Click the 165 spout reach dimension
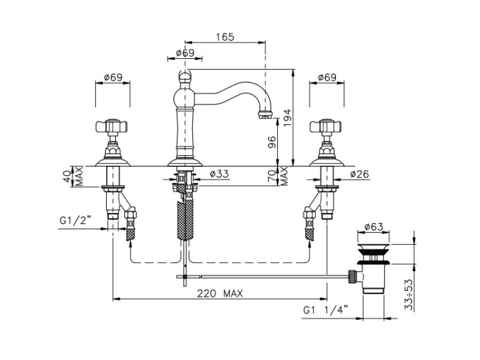(225, 37)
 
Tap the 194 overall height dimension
(288, 119)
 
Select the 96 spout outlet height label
(272, 142)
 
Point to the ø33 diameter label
(219, 174)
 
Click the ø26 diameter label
(360, 174)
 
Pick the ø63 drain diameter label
(374, 227)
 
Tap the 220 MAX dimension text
(220, 293)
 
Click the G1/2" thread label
(76, 220)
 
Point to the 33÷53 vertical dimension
(409, 295)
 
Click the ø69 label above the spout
(185, 53)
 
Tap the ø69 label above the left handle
(113, 77)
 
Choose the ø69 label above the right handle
(327, 77)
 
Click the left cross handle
(113, 125)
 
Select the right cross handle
(326, 125)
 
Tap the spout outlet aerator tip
(265, 115)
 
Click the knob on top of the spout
(185, 75)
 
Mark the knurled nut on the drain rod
(353, 276)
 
